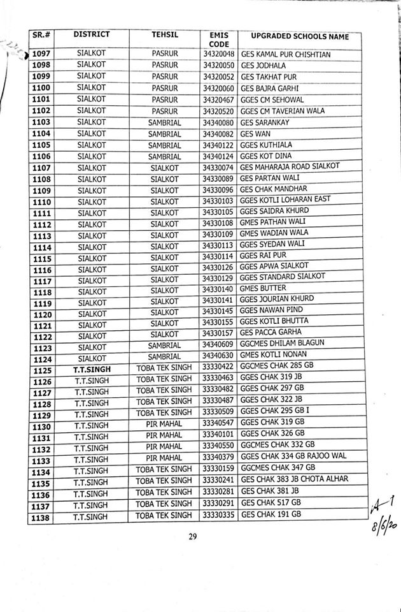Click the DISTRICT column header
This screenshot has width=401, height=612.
coord(91,34)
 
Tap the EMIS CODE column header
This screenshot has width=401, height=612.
coord(218,39)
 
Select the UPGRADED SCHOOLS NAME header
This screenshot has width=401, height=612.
coord(300,36)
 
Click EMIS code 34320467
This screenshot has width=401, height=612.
coord(218,100)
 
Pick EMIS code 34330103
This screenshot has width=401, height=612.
coord(218,200)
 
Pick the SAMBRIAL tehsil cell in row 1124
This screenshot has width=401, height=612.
coord(164,356)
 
